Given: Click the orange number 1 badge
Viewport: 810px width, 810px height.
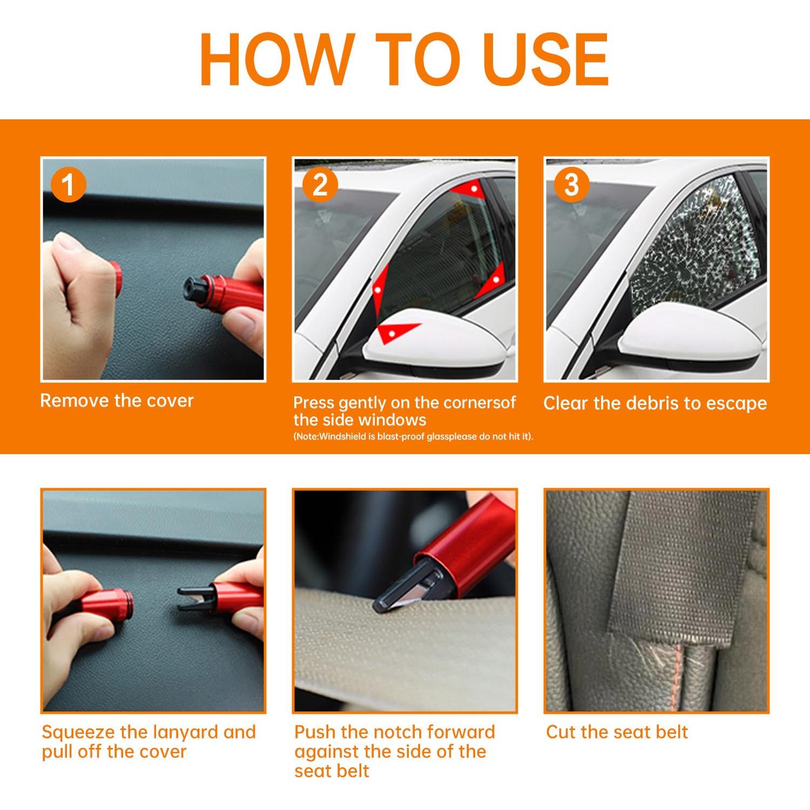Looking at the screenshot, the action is pyautogui.click(x=68, y=185).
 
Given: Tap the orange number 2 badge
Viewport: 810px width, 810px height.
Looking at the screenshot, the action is pyautogui.click(x=320, y=185).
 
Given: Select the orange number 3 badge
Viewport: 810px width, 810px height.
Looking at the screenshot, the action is pyautogui.click(x=571, y=185).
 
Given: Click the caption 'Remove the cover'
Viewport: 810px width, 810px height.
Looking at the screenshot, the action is pyautogui.click(x=117, y=401).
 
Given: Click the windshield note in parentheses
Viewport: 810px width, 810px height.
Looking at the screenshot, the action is pyautogui.click(x=413, y=436).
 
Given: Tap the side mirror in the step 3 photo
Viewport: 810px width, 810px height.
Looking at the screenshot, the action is pyautogui.click(x=697, y=335).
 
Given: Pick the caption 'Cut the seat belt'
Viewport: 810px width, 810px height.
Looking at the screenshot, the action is pyautogui.click(x=617, y=732).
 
